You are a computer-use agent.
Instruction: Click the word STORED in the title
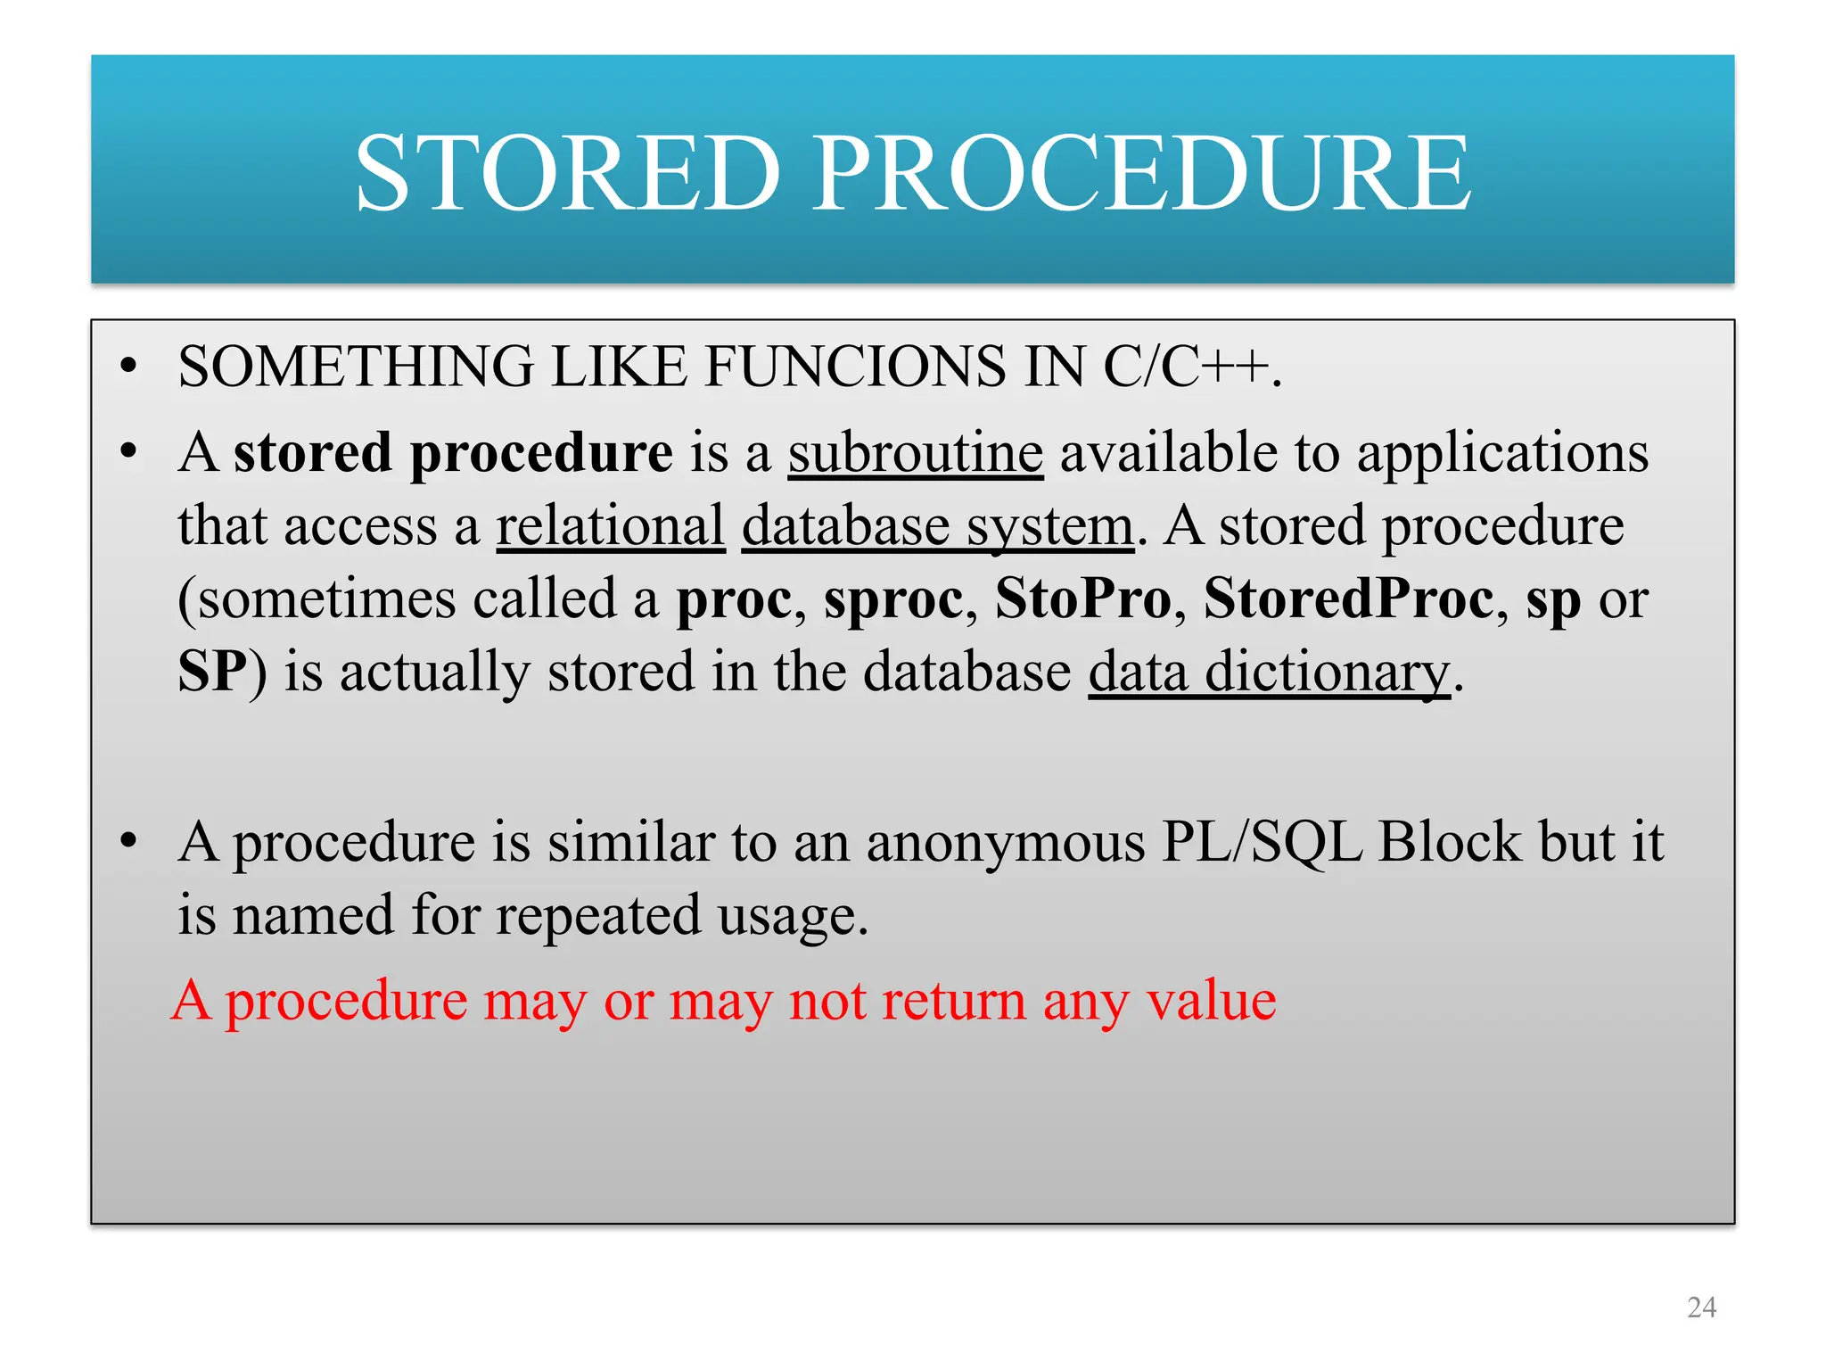(568, 173)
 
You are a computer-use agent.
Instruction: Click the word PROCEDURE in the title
(1142, 173)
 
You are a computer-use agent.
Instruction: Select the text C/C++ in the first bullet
(1186, 367)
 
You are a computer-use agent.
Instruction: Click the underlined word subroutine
(916, 452)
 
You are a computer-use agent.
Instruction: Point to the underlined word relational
(611, 525)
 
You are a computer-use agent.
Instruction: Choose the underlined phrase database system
(938, 525)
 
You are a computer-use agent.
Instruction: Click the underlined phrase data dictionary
(1269, 672)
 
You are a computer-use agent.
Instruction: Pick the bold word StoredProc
(1349, 598)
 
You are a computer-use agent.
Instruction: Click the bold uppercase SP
(213, 672)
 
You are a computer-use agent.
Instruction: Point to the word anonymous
(1005, 842)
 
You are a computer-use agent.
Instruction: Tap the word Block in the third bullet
(1450, 842)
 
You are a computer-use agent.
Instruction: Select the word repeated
(598, 915)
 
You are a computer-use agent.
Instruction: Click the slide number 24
(1701, 1308)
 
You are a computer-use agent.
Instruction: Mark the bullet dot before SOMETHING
(130, 367)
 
